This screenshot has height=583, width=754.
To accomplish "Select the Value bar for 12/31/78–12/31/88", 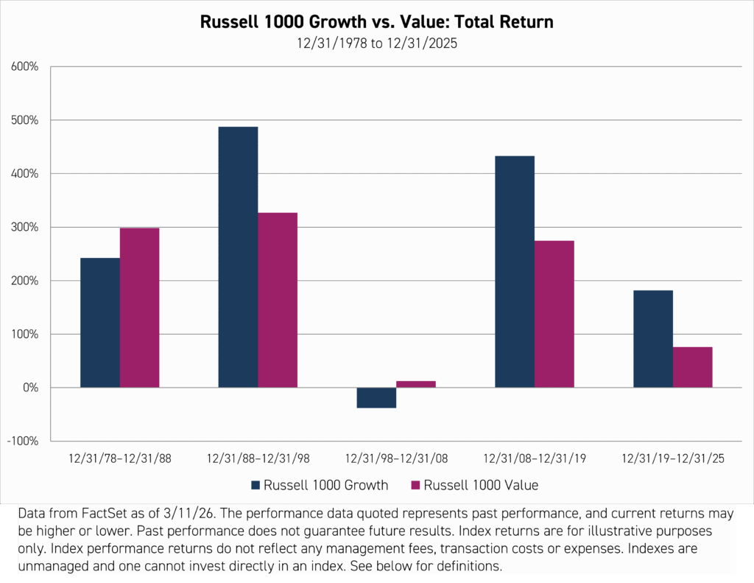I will point(140,307).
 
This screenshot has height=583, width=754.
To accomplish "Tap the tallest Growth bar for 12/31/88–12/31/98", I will point(238,257).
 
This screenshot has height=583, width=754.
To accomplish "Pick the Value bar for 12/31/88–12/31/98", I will point(278,300).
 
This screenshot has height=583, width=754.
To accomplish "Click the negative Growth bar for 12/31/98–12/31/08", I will point(376,398).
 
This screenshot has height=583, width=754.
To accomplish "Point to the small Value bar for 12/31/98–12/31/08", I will point(416,384).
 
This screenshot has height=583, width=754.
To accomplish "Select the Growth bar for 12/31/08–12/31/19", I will point(515,272).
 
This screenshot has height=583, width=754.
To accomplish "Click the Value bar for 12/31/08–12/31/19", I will point(554,314).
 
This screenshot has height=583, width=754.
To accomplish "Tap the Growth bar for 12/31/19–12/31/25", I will point(653,339).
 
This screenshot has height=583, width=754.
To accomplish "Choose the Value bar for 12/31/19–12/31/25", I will point(693,367).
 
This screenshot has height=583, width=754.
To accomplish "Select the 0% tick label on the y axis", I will point(29,388).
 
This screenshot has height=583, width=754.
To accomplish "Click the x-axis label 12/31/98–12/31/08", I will point(396,458).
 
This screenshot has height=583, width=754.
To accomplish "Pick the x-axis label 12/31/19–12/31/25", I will point(673,458).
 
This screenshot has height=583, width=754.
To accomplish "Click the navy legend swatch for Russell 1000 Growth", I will point(256,485).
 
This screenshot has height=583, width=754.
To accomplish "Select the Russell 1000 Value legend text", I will point(482,485).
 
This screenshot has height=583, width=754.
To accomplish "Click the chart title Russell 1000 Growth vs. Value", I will point(377,23).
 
